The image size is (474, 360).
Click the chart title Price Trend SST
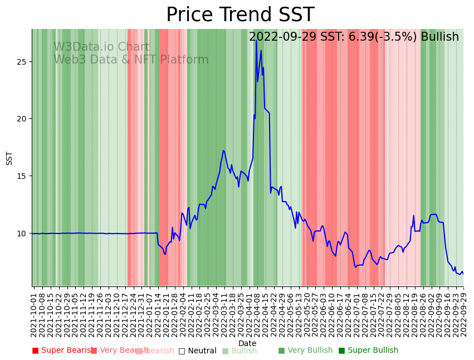click(x=240, y=15)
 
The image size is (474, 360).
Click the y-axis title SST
click(x=9, y=158)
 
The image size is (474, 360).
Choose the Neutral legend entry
click(x=197, y=351)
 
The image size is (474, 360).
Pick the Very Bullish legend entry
click(x=305, y=351)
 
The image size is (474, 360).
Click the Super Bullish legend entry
click(x=368, y=351)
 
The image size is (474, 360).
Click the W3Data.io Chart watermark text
click(x=101, y=47)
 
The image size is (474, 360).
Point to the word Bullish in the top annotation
click(x=439, y=37)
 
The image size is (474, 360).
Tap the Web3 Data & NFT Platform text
click(x=131, y=60)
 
